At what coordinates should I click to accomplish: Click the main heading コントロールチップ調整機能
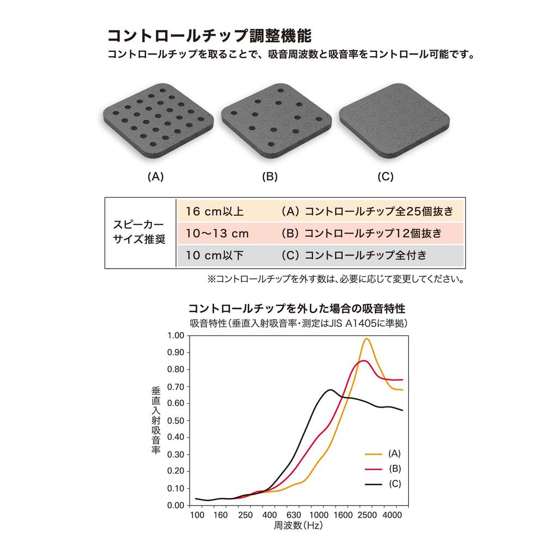tap(210, 36)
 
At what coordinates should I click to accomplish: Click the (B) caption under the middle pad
tap(270, 177)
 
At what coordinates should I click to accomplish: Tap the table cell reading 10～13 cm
tap(217, 234)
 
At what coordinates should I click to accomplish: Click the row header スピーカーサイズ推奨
tap(139, 233)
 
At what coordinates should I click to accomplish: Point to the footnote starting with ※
tap(335, 280)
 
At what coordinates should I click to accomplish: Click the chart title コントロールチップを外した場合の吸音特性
tap(297, 307)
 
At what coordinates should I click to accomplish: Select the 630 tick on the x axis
tap(294, 515)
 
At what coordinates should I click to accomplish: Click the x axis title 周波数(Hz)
tap(298, 526)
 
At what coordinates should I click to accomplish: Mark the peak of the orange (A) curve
tap(366, 339)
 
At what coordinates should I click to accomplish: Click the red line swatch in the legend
tap(373, 469)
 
